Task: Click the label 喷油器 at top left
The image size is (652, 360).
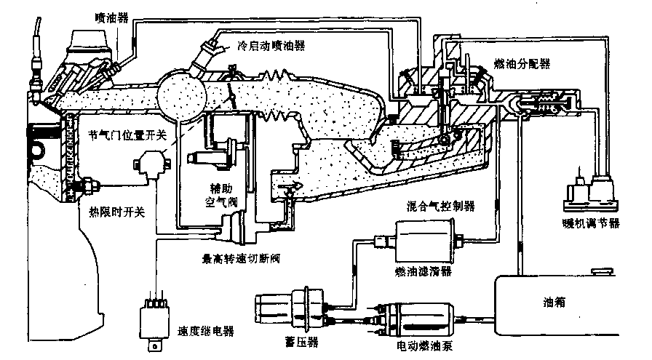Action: pos(111,18)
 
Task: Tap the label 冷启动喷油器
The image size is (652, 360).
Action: pos(271,45)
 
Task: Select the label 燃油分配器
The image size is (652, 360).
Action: pos(522,63)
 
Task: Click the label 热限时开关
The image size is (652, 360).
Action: pos(117,212)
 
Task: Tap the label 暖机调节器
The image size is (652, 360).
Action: pos(590,223)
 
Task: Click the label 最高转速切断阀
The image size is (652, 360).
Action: pos(241,259)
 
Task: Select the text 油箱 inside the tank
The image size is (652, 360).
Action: pos(554,303)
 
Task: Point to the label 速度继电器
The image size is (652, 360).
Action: pos(206,332)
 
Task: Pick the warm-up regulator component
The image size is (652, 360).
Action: pos(590,193)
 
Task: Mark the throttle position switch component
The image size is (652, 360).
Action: pos(152,164)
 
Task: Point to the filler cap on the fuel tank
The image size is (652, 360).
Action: pos(603,272)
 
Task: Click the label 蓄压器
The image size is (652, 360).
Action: pos(302,342)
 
